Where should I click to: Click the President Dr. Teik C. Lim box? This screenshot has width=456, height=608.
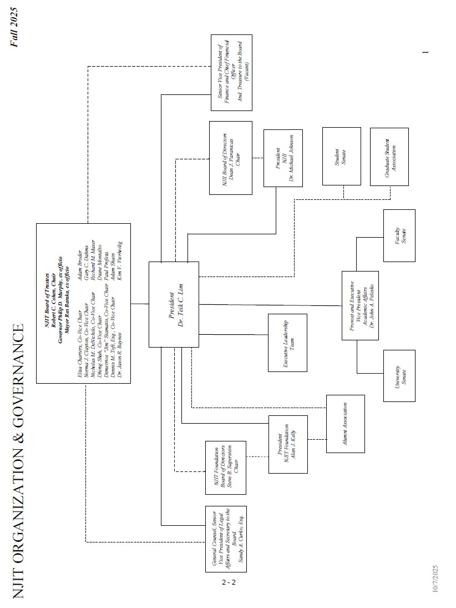[174, 304]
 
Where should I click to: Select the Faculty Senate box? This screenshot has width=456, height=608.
[399, 235]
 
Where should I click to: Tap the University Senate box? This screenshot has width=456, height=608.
[399, 375]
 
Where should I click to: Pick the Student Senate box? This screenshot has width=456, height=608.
[341, 156]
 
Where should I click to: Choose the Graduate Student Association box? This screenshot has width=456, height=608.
[389, 157]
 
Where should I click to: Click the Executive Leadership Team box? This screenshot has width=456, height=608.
[287, 343]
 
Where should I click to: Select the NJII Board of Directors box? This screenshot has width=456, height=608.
[230, 157]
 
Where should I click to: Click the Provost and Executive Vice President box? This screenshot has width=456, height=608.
[360, 305]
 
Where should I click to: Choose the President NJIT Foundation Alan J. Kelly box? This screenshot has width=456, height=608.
[287, 444]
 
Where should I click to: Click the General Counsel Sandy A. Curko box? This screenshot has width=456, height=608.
[226, 539]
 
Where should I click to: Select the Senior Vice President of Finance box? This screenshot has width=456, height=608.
[231, 73]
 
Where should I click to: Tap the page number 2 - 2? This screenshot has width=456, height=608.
[229, 582]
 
